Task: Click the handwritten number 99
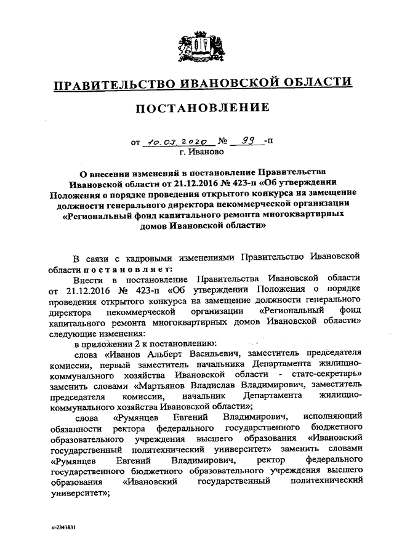[249, 140]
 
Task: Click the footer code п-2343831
[65, 527]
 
